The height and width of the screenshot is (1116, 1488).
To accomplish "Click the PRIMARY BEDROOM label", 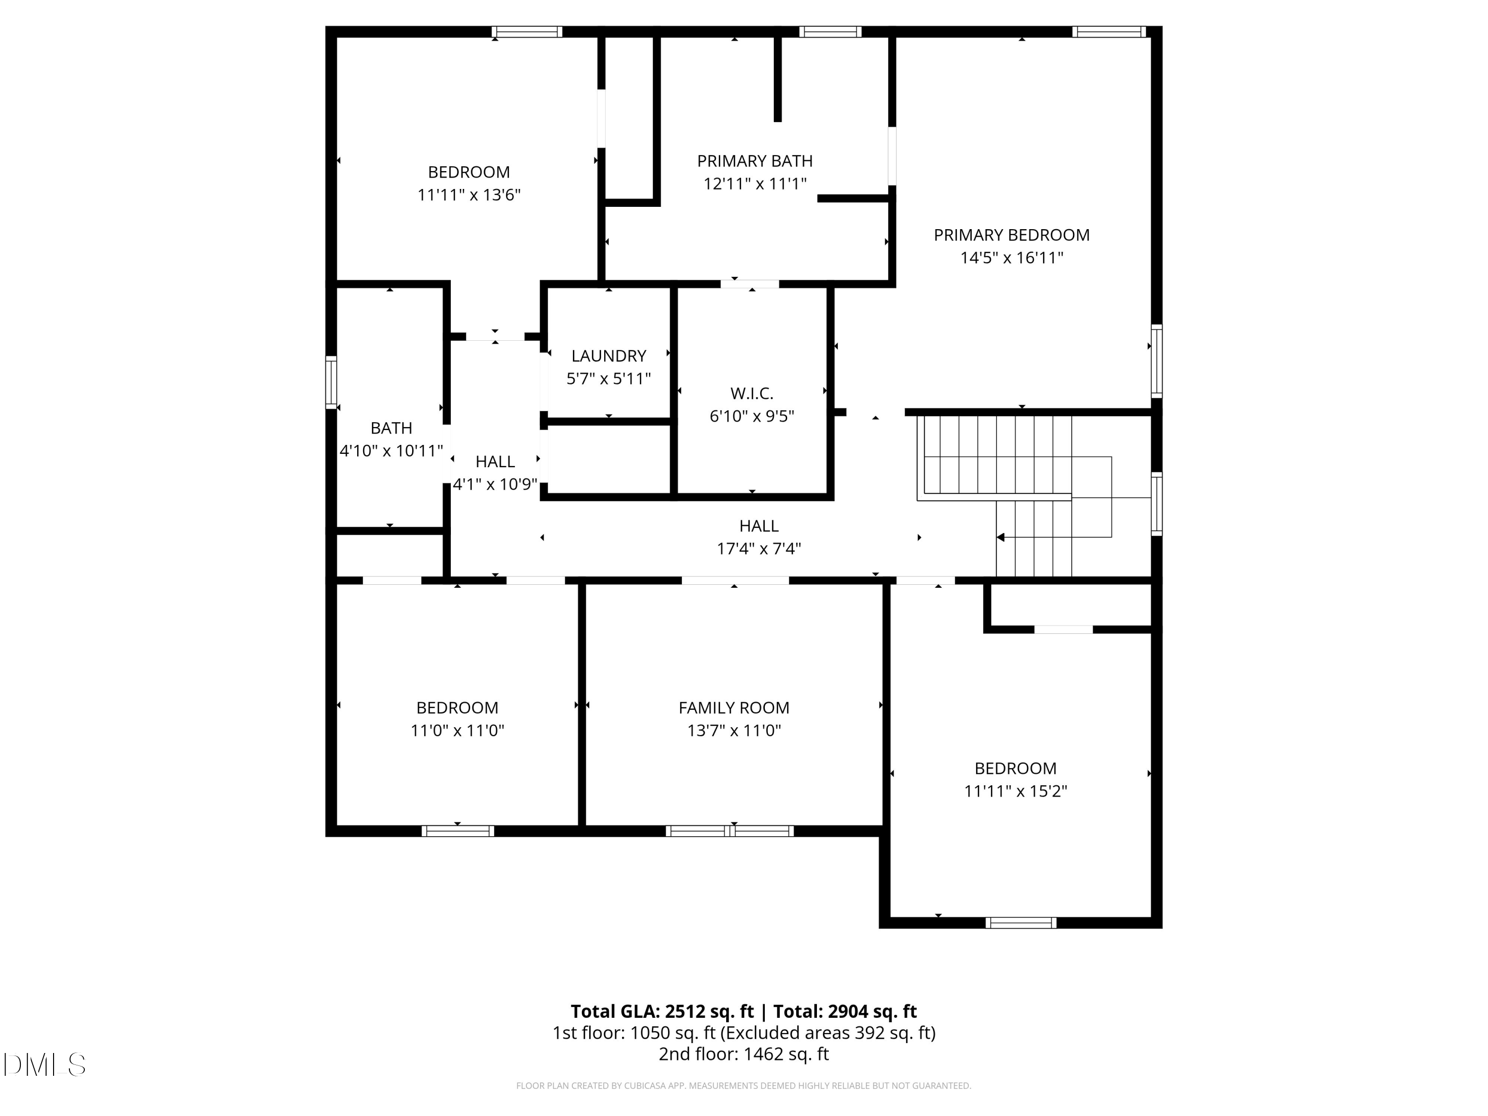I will click(1011, 235).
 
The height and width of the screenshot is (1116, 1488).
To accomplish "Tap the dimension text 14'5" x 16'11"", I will click(1011, 257).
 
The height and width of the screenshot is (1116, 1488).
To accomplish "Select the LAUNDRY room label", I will click(608, 356).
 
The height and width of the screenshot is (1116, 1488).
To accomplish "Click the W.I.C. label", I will click(751, 393).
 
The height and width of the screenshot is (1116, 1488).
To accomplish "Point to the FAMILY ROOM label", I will click(733, 708).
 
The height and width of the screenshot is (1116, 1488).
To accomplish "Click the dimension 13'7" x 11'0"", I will click(733, 731).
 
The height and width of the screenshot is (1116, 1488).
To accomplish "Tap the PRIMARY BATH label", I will click(754, 161).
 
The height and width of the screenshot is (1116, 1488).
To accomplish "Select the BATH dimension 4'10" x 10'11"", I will click(391, 451).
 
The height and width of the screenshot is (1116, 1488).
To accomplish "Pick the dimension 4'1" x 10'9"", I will click(495, 484).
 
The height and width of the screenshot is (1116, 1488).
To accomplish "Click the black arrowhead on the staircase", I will click(1000, 538).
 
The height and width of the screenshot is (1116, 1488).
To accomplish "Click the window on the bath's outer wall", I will click(331, 382).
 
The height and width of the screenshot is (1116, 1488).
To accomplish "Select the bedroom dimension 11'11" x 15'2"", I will click(1015, 791).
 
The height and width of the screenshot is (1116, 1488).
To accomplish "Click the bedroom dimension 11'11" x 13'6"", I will click(469, 195).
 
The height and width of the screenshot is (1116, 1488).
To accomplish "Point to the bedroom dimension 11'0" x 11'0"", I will click(457, 731).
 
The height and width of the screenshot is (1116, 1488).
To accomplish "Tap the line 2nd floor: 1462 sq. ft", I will click(744, 1054).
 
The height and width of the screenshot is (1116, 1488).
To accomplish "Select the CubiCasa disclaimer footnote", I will click(744, 1086).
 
